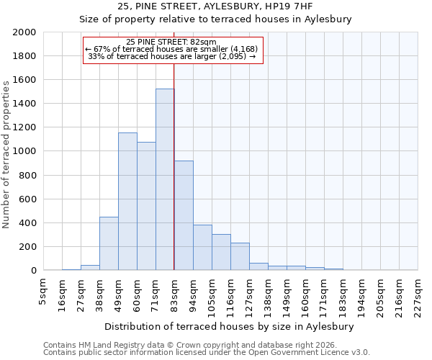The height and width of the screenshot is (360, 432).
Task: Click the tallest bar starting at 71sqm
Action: (x=165, y=179)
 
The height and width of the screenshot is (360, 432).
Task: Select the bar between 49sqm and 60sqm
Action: (x=127, y=202)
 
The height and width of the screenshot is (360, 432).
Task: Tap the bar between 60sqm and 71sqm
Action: (x=146, y=206)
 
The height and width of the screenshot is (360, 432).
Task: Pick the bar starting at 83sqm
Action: (x=184, y=215)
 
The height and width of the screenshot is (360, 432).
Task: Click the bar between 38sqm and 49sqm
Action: (x=109, y=243)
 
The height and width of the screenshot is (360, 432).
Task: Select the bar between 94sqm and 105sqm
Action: (x=202, y=248)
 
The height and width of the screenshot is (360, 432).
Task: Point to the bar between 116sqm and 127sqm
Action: (x=240, y=256)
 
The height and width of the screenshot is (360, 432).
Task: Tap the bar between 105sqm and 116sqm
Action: (x=221, y=252)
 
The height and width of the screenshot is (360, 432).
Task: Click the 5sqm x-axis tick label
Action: (x=43, y=291)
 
